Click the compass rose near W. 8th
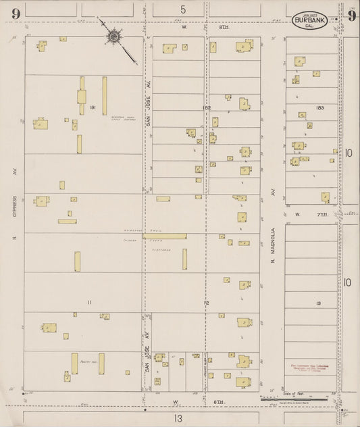point(113,36)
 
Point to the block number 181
point(93,108)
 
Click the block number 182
point(206,108)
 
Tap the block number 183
point(320,108)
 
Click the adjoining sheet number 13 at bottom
point(177,418)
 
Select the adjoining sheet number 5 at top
point(182,9)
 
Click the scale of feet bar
point(297,400)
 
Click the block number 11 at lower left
point(88,302)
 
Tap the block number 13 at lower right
point(317,303)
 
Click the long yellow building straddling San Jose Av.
point(165,236)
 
